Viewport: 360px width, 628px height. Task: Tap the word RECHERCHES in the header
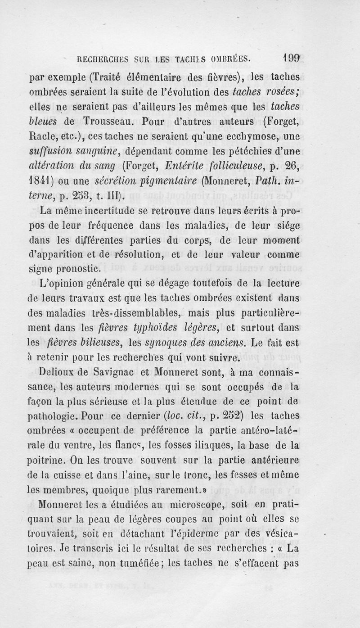click(x=102, y=59)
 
